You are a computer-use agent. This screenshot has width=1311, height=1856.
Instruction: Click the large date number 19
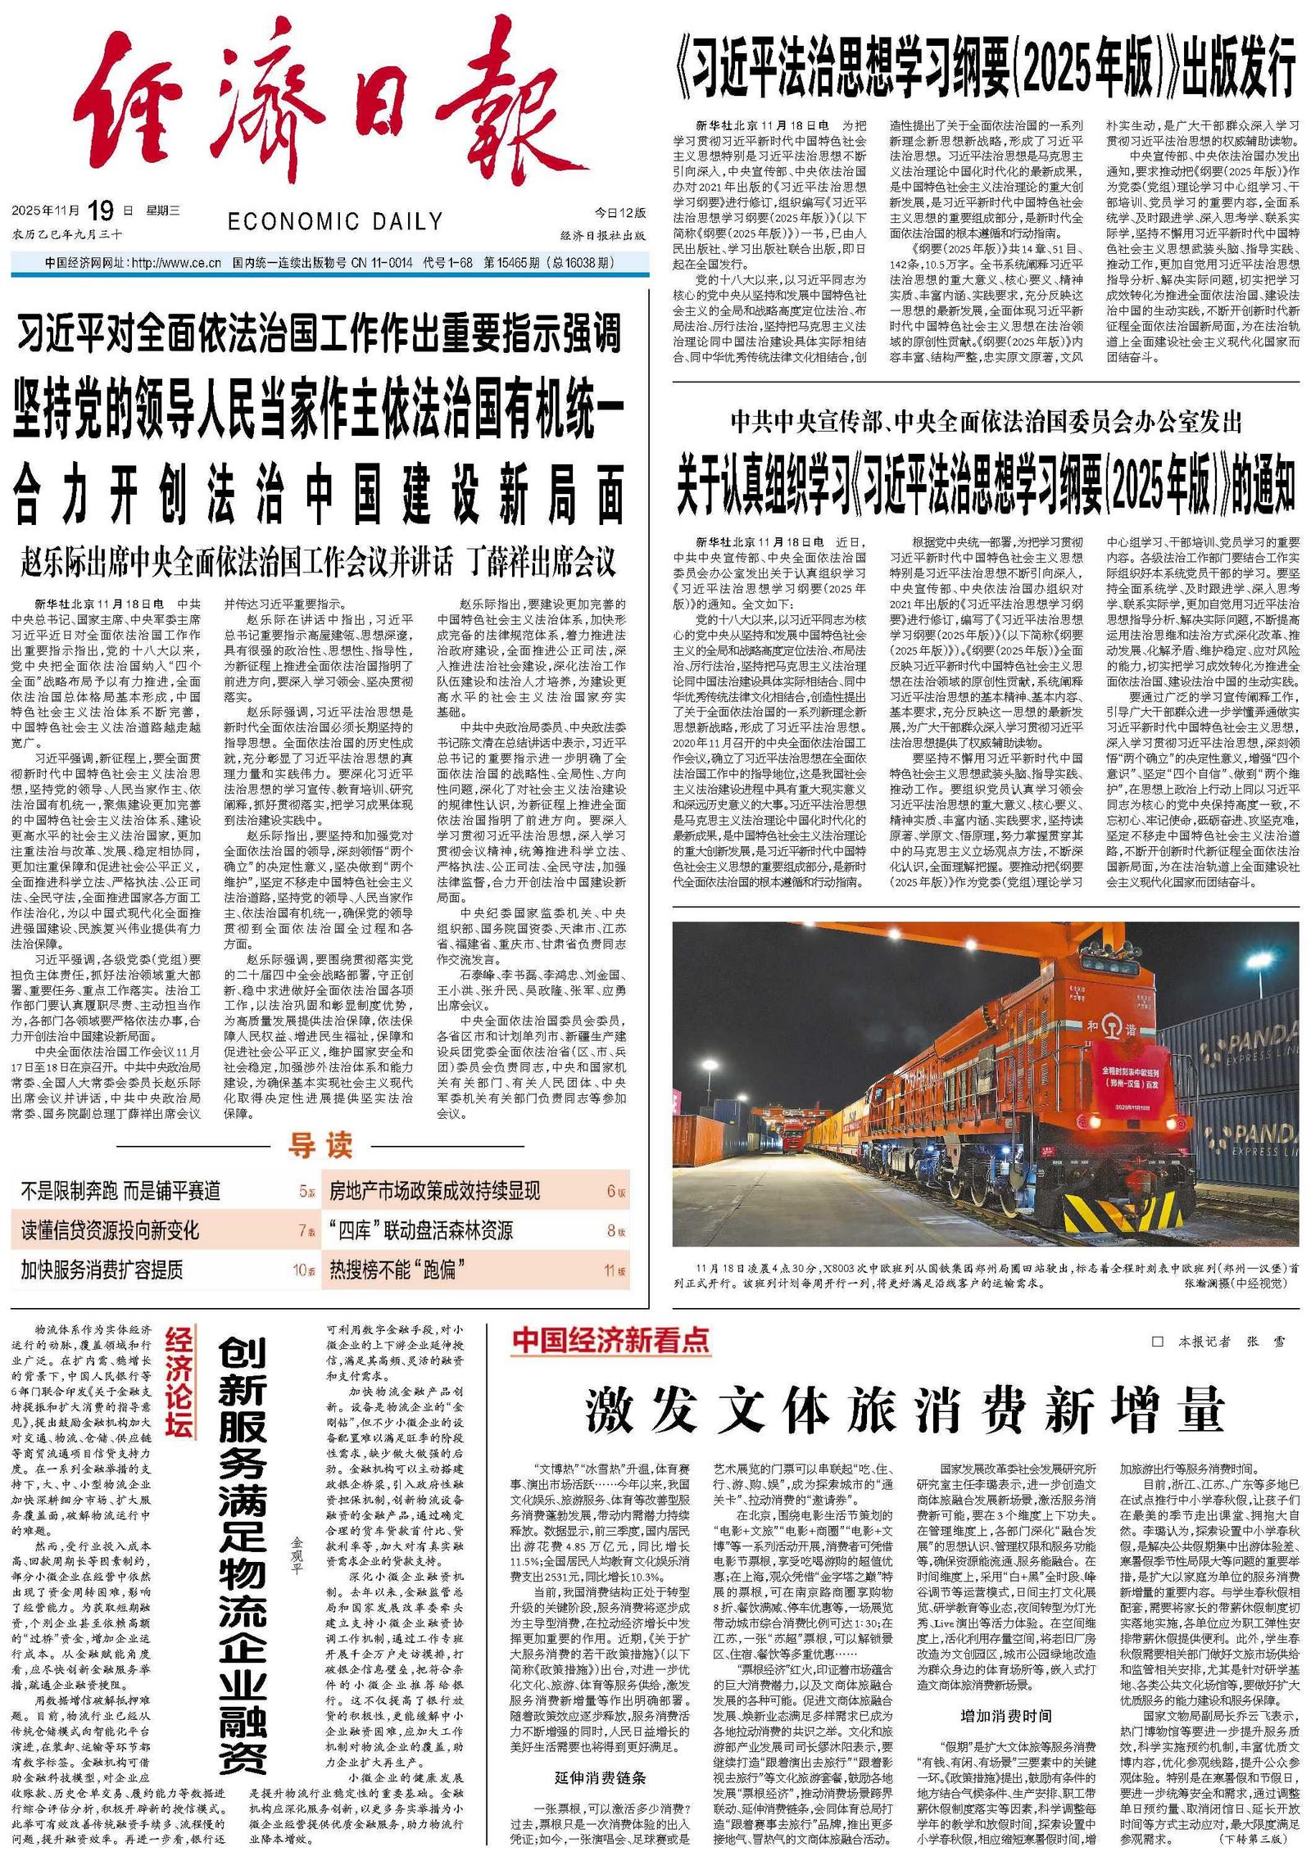point(101,210)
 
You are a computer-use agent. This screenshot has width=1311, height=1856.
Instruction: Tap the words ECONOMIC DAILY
point(334,221)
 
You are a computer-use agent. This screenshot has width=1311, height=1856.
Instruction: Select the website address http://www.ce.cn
point(176,263)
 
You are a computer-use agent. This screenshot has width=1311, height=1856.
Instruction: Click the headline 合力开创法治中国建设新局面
point(319,495)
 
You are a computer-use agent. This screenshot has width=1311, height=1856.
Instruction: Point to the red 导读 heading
point(320,1144)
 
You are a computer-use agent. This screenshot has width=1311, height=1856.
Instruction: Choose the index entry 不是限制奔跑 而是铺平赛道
point(120,1191)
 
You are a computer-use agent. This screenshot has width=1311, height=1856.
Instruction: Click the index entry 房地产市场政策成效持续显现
point(434,1191)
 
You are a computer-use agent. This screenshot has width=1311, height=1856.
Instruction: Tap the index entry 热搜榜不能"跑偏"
point(397,1270)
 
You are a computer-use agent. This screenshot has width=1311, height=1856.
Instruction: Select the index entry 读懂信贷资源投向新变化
point(110,1230)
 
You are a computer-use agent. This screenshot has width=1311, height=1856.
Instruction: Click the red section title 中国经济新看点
point(610,1340)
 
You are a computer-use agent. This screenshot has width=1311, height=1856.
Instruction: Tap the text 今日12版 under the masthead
point(619,213)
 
